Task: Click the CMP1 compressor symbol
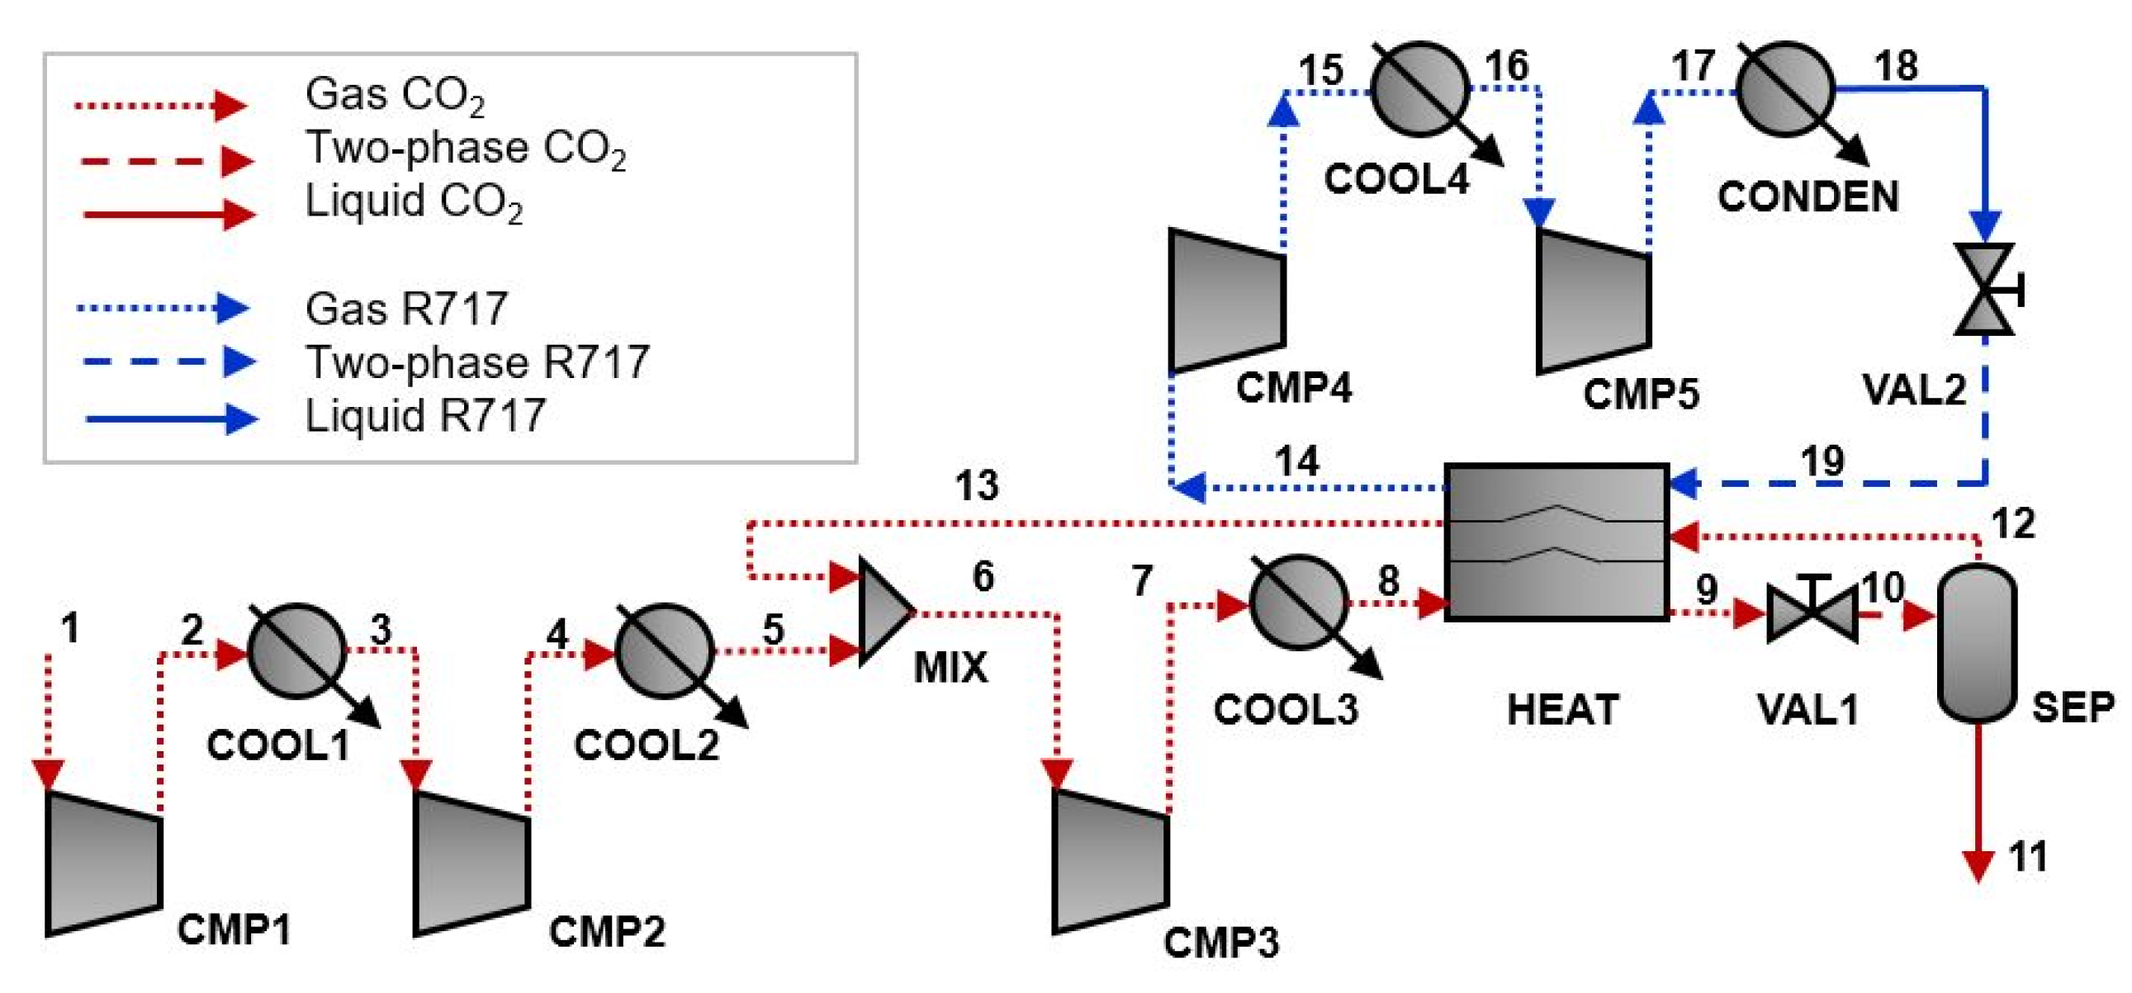[x=103, y=863]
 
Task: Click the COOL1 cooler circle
[x=297, y=651]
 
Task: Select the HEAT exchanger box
[x=1556, y=542]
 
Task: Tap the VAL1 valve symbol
[x=1812, y=614]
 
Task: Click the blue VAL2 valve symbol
[x=1985, y=290]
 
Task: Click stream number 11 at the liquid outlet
[x=2028, y=858]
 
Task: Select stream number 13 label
[x=977, y=485]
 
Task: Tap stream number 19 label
[x=1823, y=460]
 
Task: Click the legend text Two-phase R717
[x=477, y=362]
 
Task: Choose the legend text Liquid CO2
[x=414, y=202]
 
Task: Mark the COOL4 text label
[x=1396, y=179]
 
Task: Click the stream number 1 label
[x=71, y=628]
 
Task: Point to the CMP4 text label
[x=1294, y=387]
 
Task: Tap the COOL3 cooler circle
[x=1298, y=603]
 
